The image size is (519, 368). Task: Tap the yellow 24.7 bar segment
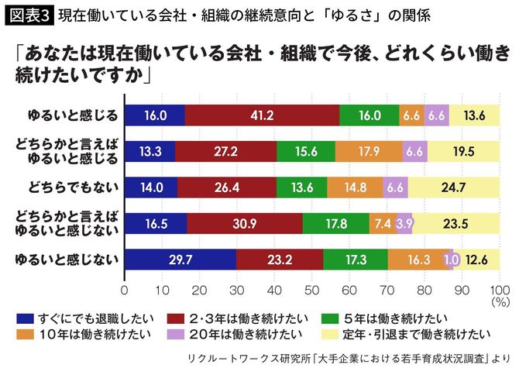[454, 188]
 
